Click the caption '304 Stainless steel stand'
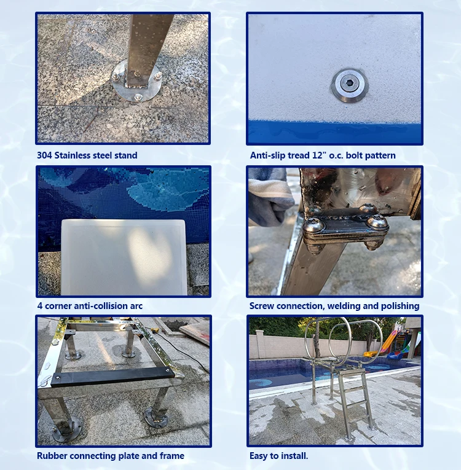pos(87,155)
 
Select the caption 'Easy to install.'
pos(278,456)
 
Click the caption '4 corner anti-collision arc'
pos(90,306)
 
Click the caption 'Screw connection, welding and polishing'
pos(334,306)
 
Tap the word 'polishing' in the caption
pos(400,306)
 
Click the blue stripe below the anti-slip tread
pos(334,131)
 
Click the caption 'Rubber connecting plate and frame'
pos(111,456)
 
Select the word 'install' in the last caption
pos(292,456)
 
